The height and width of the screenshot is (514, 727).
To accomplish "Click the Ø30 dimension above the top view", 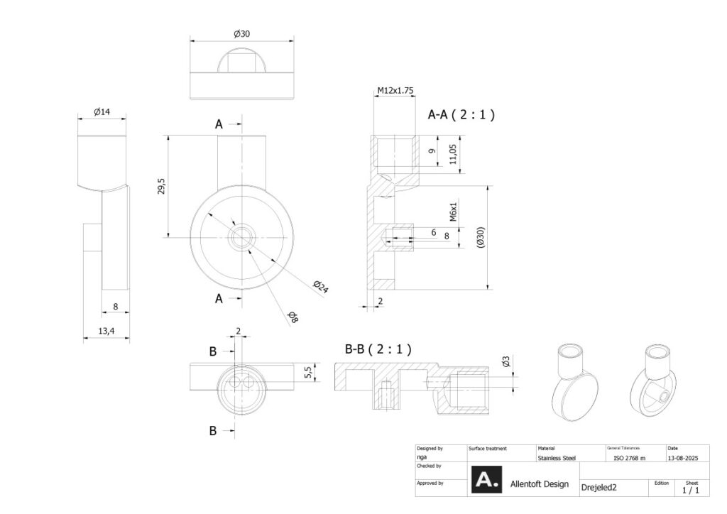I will click(241, 33).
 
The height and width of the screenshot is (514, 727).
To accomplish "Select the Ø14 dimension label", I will click(103, 111).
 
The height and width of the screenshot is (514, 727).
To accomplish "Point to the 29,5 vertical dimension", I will click(161, 186).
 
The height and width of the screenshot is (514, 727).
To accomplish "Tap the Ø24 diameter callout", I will click(322, 287).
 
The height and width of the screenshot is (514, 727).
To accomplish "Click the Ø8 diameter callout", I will click(293, 317).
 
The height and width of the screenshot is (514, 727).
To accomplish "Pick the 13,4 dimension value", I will click(106, 330).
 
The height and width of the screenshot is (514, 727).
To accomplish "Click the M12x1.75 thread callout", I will click(395, 90).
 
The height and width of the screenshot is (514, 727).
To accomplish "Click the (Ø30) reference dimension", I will click(481, 237).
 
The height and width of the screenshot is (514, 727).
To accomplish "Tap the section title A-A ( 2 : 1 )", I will click(461, 114).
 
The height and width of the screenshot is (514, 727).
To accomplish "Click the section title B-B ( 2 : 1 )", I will click(378, 349).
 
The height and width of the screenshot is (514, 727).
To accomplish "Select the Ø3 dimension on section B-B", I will click(505, 362).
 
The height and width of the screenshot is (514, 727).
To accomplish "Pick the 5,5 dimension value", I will click(308, 372).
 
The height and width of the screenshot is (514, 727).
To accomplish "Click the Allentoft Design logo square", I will click(487, 480).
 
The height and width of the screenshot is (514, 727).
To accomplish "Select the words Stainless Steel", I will click(557, 458).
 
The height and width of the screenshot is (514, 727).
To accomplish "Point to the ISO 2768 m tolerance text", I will click(629, 458).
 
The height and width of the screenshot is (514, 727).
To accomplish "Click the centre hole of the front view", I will click(242, 237).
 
